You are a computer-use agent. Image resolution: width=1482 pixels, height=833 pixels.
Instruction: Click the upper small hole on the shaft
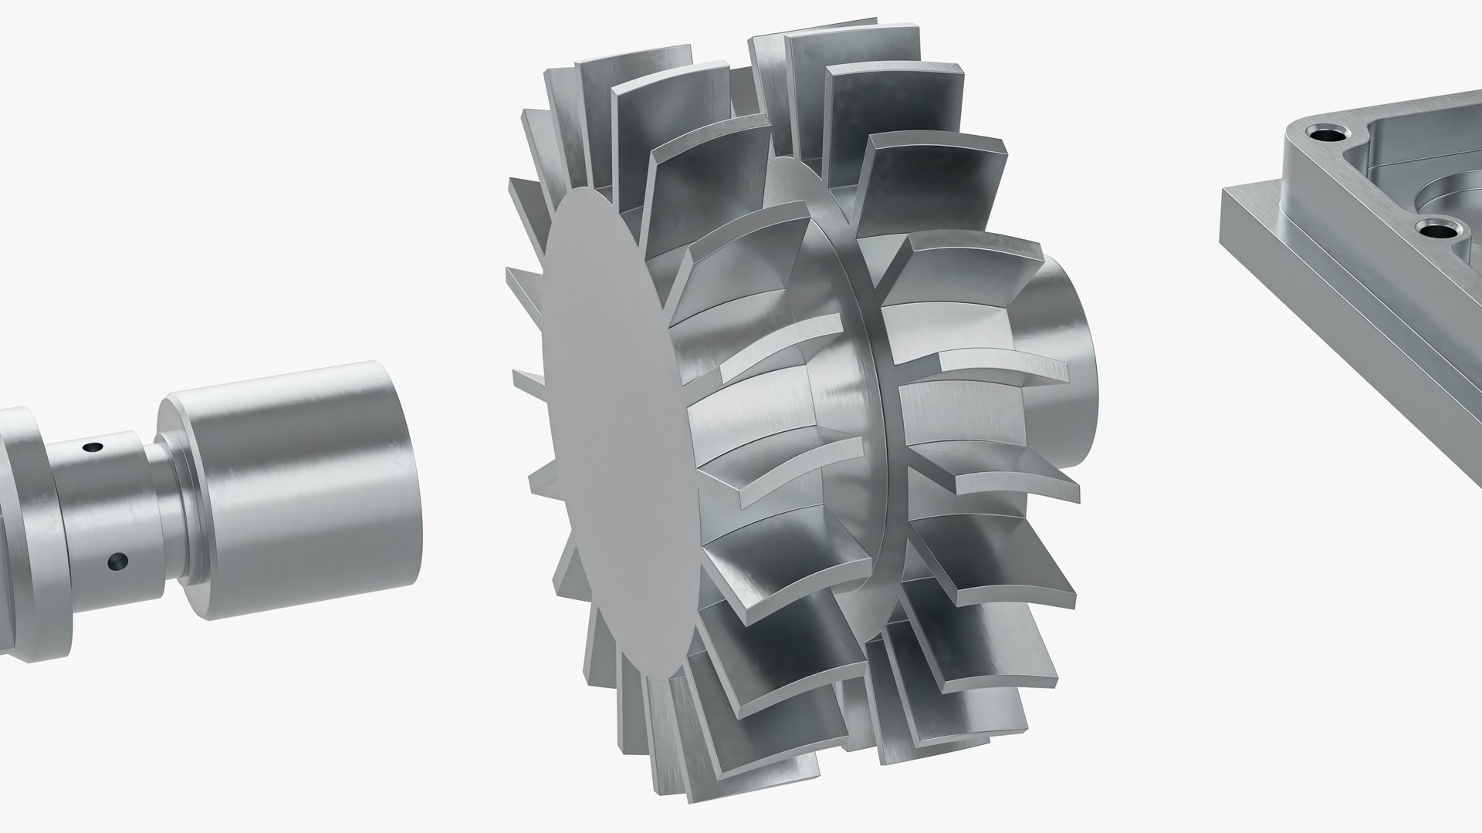[93, 447]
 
